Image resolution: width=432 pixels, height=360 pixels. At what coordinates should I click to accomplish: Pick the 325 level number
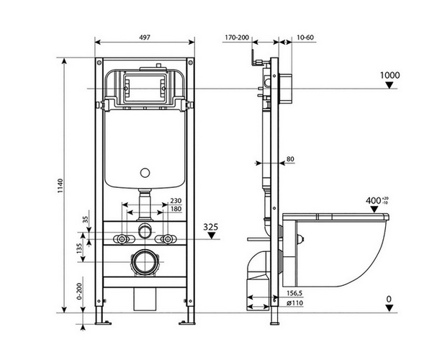[210, 226]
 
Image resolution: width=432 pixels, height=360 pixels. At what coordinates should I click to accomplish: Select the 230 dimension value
[175, 201]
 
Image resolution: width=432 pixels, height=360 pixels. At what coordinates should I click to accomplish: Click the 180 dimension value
[175, 210]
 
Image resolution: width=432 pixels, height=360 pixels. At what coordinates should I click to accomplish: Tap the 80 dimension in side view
[291, 159]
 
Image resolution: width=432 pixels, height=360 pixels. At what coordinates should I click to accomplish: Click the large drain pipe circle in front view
[145, 262]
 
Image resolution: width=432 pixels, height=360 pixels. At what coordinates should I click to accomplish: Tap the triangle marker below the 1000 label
[390, 86]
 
